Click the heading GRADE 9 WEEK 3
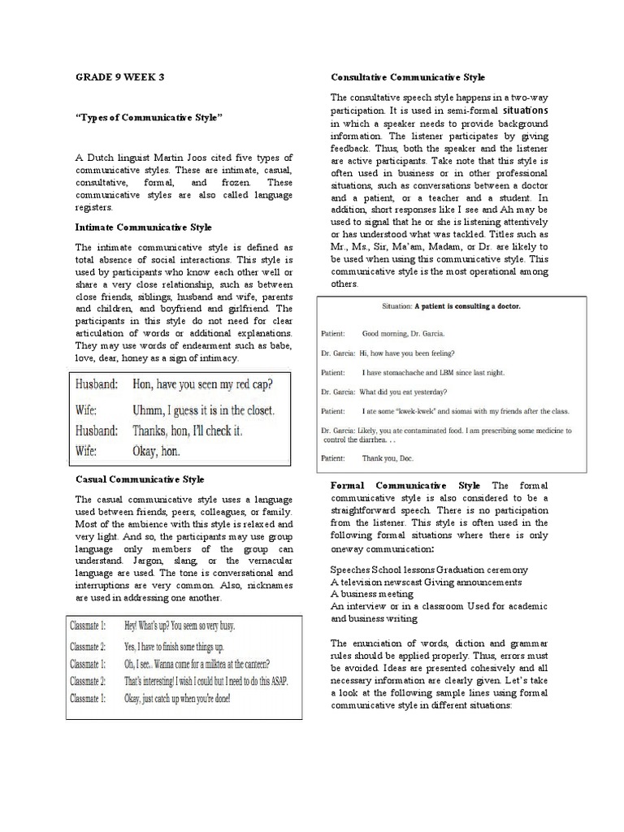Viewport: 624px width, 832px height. click(119, 77)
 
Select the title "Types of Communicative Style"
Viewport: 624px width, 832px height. click(149, 118)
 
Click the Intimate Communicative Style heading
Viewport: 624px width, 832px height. click(144, 227)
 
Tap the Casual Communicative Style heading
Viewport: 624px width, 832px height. click(140, 479)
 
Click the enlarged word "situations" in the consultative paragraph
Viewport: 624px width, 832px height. click(526, 109)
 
